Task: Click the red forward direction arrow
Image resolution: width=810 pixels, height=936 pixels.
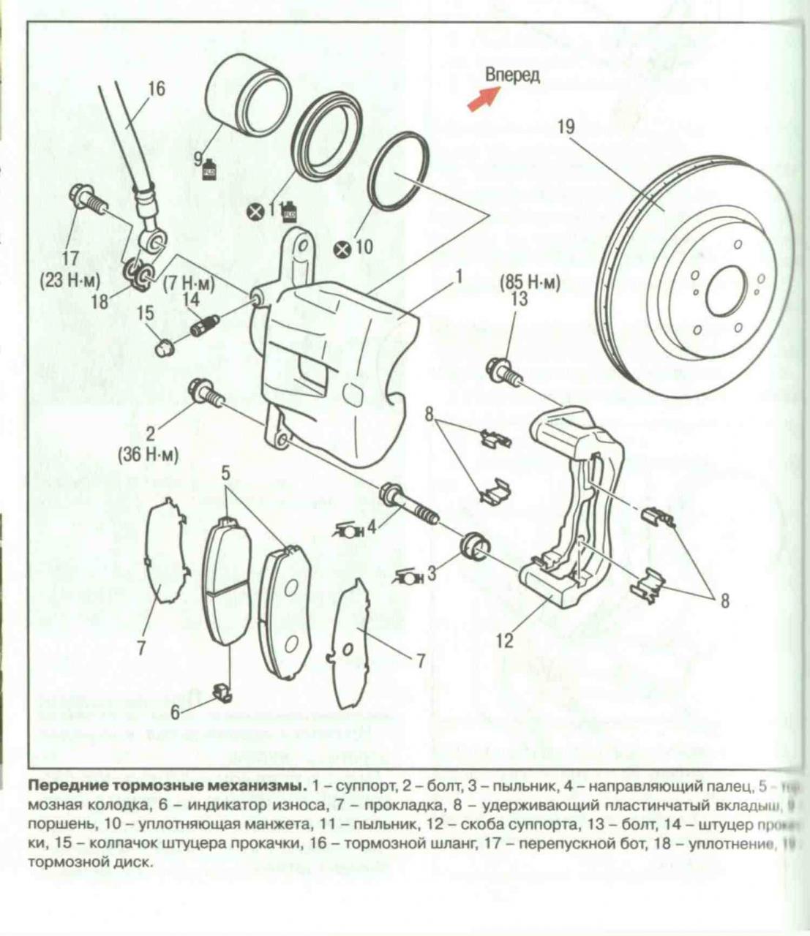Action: coord(484,99)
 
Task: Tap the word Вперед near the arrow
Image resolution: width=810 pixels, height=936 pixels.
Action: coord(512,75)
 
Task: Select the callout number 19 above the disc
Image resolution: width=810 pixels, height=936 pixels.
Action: coord(566,127)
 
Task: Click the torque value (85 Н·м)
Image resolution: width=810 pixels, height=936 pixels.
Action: coord(529,283)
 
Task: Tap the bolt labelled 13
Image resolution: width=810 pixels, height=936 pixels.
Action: coord(504,369)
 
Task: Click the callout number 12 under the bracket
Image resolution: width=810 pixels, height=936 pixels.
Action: coord(504,641)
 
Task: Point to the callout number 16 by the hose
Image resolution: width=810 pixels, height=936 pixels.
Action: coord(156,89)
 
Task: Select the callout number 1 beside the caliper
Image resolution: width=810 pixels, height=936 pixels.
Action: coord(459,276)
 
